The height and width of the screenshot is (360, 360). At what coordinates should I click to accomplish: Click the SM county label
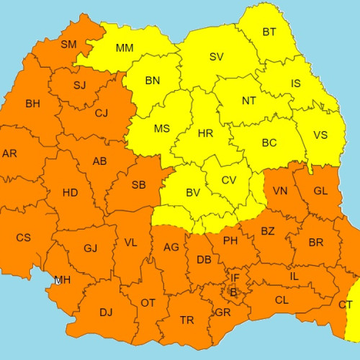68,45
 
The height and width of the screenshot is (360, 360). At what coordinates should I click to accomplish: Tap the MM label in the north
125,48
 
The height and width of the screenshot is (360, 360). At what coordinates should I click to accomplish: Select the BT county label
269,32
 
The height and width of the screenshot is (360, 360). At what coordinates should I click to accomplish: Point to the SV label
216,57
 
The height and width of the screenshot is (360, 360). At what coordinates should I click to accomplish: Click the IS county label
296,84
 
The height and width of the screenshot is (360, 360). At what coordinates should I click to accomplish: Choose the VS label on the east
320,135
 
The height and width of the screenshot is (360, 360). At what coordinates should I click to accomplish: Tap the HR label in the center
205,134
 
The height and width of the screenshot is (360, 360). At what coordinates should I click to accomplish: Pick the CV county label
229,180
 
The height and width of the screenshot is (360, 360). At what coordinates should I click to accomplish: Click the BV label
193,193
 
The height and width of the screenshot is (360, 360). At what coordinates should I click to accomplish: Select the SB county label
139,185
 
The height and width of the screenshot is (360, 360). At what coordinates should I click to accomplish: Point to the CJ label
102,112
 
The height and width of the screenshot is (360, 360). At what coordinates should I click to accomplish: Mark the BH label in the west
32,104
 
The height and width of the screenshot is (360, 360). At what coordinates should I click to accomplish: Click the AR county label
9,153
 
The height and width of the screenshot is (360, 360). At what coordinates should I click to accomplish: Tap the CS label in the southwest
23,238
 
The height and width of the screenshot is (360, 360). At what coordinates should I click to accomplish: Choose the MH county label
63,279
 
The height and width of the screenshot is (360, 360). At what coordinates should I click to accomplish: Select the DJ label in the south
106,312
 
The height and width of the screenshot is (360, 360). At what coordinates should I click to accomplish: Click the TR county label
186,320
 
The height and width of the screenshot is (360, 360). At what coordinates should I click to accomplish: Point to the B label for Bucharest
233,292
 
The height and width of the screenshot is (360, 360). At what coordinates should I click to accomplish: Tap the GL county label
321,191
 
